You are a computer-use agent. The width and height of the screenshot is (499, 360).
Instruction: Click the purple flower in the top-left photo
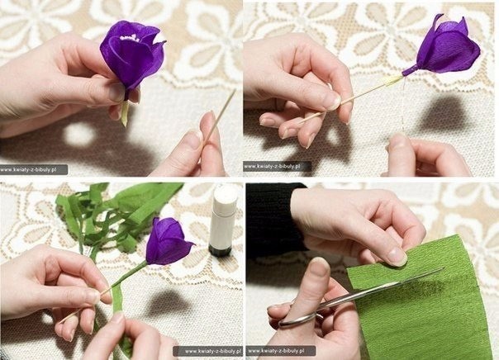pyautogui.click(x=131, y=54)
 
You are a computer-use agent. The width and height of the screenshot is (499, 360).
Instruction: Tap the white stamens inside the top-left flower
pyautogui.click(x=130, y=39)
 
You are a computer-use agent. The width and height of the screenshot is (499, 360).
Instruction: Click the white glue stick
pyautogui.click(x=222, y=220)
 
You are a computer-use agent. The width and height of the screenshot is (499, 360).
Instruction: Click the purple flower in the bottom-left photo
pyautogui.click(x=168, y=240)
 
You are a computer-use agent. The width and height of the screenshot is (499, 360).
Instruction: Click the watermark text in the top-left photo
pyautogui.click(x=28, y=170)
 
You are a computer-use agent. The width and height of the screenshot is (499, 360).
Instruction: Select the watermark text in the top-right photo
pyautogui.click(x=272, y=166)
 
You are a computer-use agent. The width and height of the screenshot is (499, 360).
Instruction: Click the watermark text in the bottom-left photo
pyautogui.click(x=212, y=351)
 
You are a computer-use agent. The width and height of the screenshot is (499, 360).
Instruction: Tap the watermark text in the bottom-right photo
pyautogui.click(x=276, y=351)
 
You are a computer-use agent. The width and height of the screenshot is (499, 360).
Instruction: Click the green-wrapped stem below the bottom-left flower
pyautogui.click(x=127, y=276)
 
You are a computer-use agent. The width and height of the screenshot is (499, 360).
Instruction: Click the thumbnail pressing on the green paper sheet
pyautogui.click(x=397, y=256)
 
